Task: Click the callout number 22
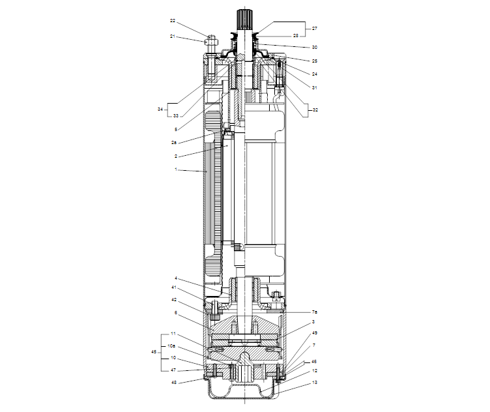click(173, 20)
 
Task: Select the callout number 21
click(173, 37)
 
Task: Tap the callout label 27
click(315, 29)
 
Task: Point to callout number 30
click(315, 48)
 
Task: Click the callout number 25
click(315, 61)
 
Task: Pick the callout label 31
click(315, 87)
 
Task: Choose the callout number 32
click(315, 110)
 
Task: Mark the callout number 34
click(160, 110)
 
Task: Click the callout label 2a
click(175, 141)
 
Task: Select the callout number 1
click(175, 169)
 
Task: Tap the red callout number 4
click(176, 278)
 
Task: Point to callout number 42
click(175, 300)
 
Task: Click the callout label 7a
click(315, 312)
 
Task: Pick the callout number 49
click(315, 333)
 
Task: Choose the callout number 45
click(154, 352)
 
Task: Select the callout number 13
click(315, 383)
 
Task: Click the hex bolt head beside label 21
click(211, 42)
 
